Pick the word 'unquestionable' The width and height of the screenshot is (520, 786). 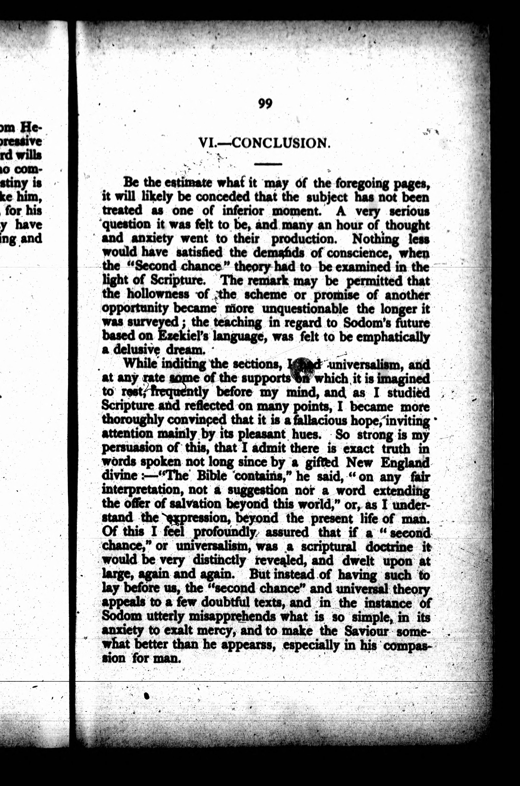pyautogui.click(x=305, y=308)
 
